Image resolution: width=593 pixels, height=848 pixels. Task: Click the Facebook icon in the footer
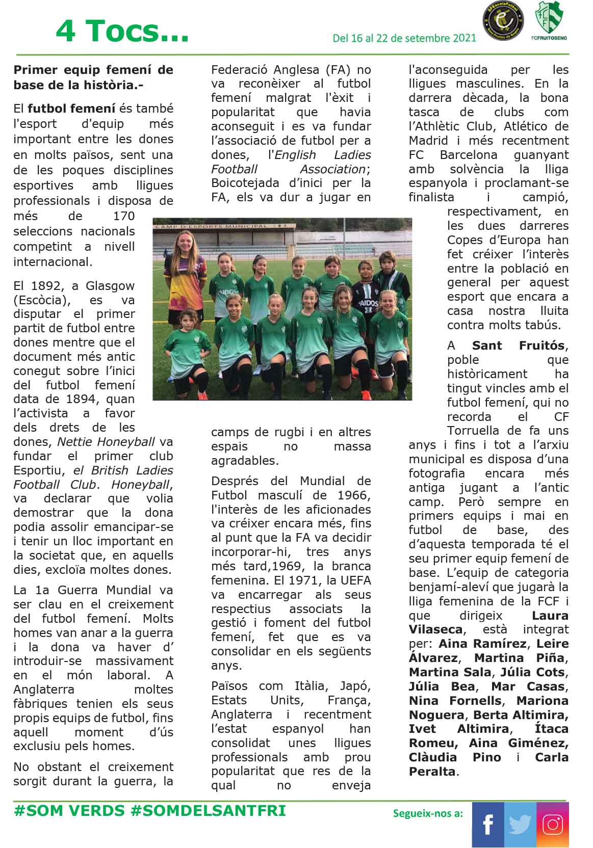pos(487,825)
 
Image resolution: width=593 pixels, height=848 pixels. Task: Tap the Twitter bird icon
pos(520,825)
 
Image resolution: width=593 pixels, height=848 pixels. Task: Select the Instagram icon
pos(553,825)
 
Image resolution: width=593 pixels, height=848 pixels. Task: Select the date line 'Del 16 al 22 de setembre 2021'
pos(404,38)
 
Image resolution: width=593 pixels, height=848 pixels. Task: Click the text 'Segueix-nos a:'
pos(428,813)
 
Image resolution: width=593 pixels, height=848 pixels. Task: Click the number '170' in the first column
pos(124,216)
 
